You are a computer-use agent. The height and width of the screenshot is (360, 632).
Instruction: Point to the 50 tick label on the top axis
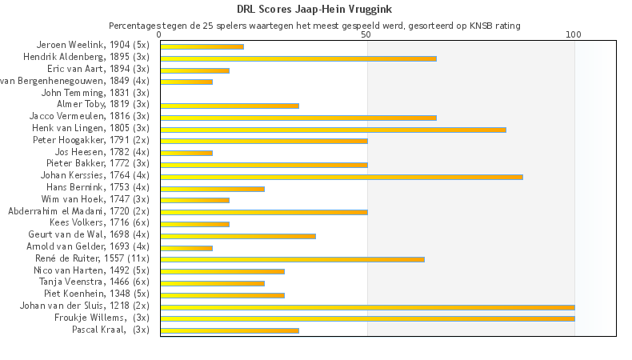tap(366, 35)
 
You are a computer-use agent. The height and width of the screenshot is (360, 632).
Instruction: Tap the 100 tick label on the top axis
tap(574, 35)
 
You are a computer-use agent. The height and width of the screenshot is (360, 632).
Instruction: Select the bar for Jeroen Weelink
tap(202, 46)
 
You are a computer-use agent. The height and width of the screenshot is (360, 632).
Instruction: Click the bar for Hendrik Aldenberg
tap(298, 58)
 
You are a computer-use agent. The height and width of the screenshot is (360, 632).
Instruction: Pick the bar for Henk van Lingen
tap(333, 130)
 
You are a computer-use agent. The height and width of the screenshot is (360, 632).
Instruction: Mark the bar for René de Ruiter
tap(292, 259)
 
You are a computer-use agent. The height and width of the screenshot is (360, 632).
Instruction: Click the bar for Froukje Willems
tap(367, 318)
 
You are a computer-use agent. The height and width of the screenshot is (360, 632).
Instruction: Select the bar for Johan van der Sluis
tap(367, 306)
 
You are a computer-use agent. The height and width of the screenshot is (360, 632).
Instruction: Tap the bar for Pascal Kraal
tap(229, 330)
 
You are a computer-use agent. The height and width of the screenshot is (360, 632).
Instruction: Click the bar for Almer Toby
tap(229, 106)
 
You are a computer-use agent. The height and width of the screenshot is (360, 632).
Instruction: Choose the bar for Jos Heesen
tap(186, 153)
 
